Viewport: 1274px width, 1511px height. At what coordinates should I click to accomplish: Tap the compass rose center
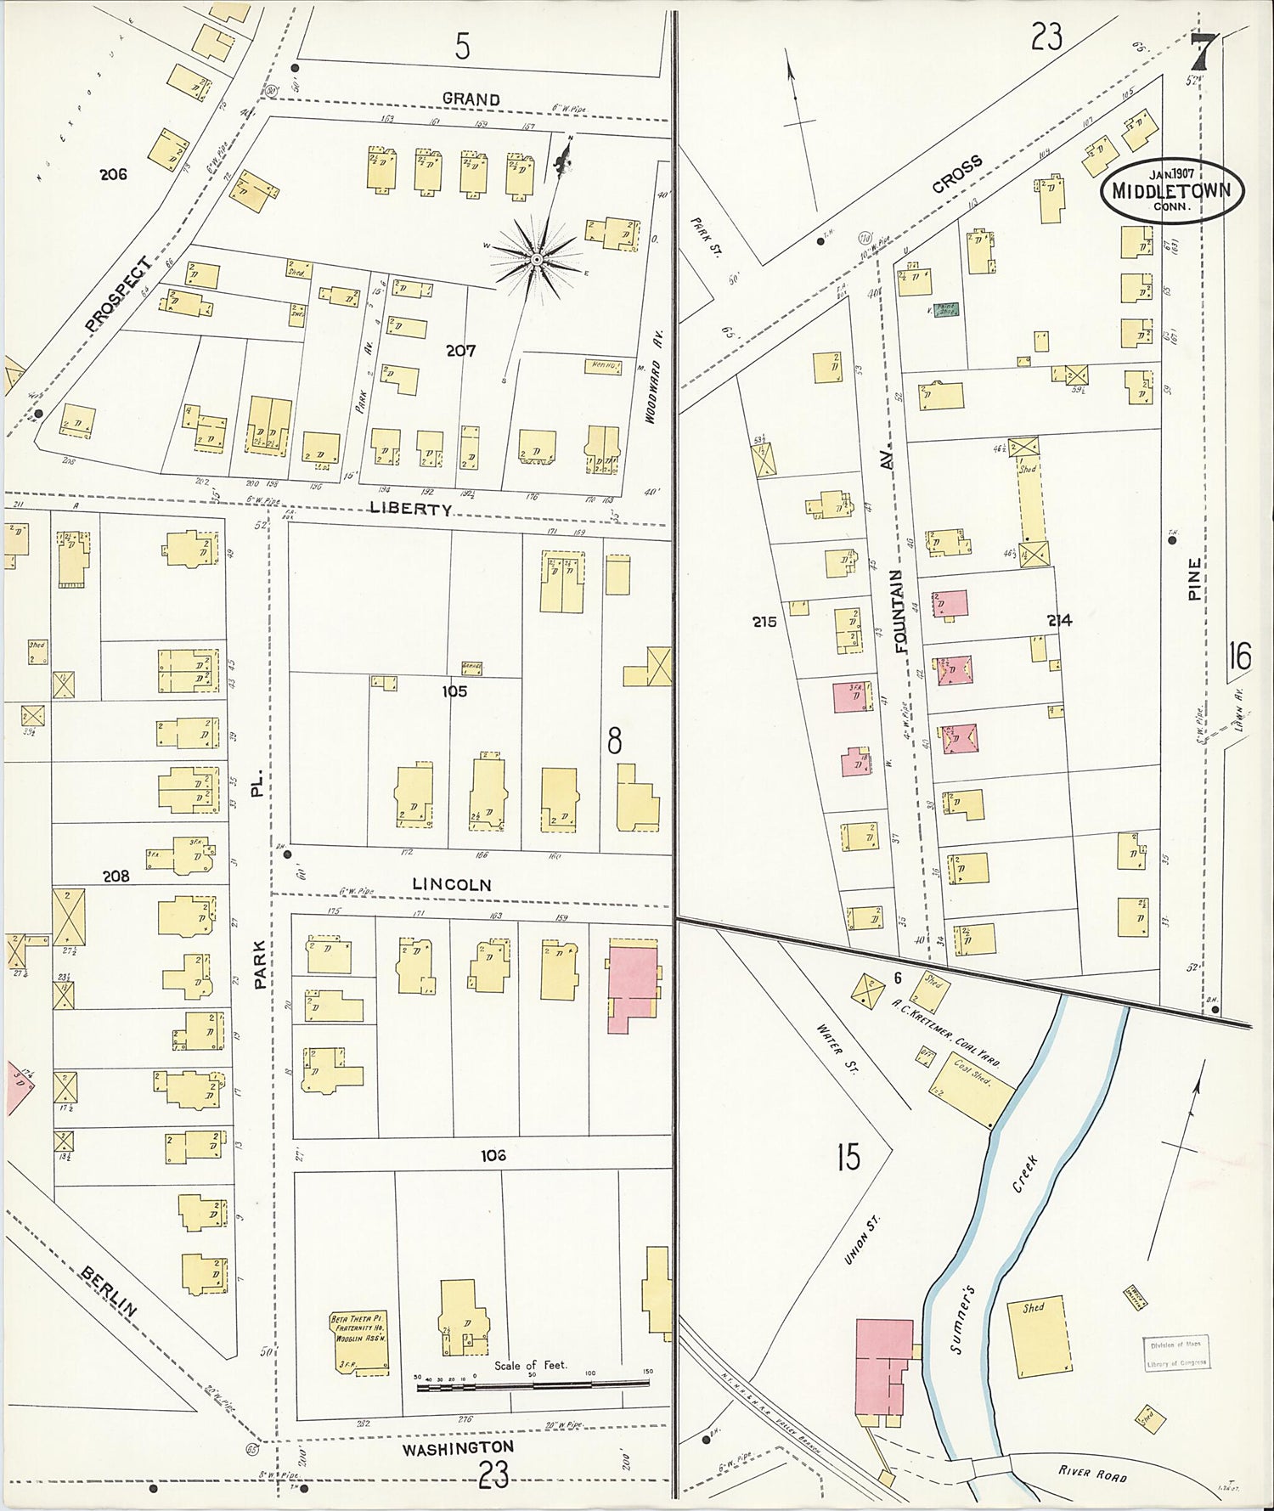coord(537,258)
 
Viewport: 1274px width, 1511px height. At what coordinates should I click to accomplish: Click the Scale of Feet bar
coord(527,1387)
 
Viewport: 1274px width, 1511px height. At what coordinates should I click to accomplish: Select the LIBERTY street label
coord(411,509)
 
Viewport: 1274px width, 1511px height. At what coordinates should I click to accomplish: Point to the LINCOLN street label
coord(451,884)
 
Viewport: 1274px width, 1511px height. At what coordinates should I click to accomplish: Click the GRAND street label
coord(471,99)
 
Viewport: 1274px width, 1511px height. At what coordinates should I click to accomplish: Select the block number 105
coord(454,691)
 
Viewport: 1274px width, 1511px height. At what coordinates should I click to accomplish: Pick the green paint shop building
coord(944,312)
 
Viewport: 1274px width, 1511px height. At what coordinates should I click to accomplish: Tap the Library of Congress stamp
coord(1175,1351)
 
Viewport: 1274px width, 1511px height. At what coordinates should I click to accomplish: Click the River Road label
coord(1094,1474)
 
